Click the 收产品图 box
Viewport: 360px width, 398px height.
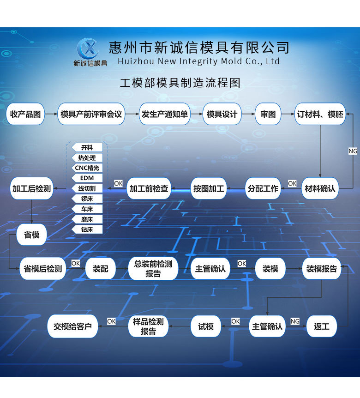click(x=25, y=114)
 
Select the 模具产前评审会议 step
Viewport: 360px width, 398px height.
click(x=91, y=114)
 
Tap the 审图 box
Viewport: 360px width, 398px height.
click(x=268, y=114)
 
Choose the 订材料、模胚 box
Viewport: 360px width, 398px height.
click(x=320, y=114)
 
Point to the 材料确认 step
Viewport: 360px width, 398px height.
click(x=320, y=188)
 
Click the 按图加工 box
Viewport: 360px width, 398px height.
click(x=209, y=188)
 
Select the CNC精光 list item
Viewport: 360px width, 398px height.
click(x=87, y=168)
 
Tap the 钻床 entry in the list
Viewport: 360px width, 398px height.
click(x=87, y=229)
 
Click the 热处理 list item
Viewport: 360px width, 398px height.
click(x=87, y=158)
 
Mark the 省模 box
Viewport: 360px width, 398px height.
click(x=31, y=235)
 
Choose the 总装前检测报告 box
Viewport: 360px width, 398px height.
click(x=153, y=269)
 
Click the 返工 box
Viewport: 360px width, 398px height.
click(x=321, y=326)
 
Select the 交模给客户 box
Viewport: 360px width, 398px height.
click(x=72, y=326)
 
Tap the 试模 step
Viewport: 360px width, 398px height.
click(x=206, y=326)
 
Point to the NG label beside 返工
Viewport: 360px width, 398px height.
click(x=295, y=321)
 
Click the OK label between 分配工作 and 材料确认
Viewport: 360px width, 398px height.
click(x=292, y=183)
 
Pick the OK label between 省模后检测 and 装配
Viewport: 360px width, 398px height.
click(x=76, y=264)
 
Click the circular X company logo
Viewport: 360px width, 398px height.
click(x=88, y=48)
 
